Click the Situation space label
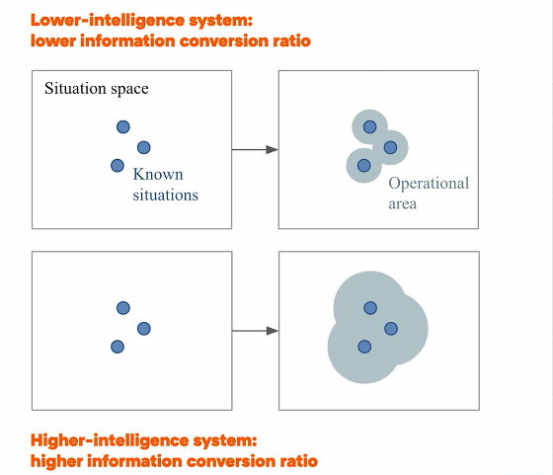(x=97, y=89)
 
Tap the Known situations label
(x=166, y=185)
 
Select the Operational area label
(x=429, y=193)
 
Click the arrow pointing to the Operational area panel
(x=255, y=149)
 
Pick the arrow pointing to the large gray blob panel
(x=255, y=331)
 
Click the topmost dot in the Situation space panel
(x=123, y=127)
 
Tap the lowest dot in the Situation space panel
(x=118, y=165)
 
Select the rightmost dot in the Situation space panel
(x=143, y=147)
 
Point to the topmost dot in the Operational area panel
(x=369, y=127)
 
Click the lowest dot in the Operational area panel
(x=364, y=165)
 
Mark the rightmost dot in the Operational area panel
(x=390, y=147)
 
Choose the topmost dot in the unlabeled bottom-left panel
(x=123, y=308)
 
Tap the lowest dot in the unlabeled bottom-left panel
(x=118, y=347)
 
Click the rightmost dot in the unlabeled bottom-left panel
(x=144, y=329)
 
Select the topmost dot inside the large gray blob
(x=370, y=308)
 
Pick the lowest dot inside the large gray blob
(x=364, y=347)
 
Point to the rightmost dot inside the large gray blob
(x=391, y=329)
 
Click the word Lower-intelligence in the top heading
(x=108, y=20)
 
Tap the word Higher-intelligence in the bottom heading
(x=110, y=440)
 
